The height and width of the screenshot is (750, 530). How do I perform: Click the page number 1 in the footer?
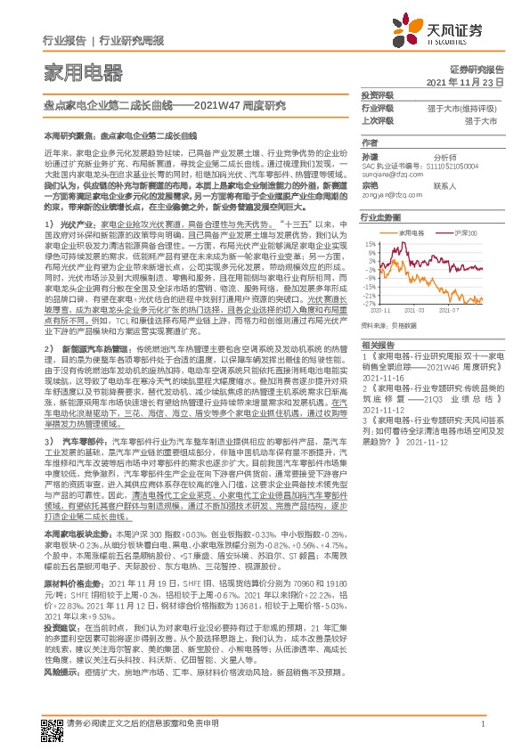pyautogui.click(x=481, y=725)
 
